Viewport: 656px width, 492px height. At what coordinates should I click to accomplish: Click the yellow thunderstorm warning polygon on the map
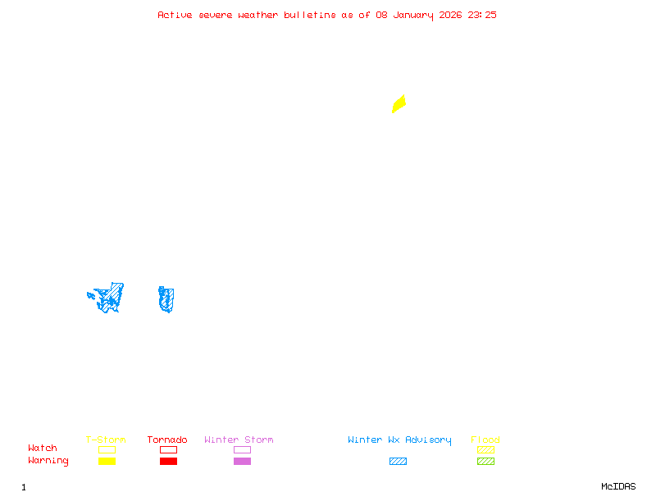(399, 103)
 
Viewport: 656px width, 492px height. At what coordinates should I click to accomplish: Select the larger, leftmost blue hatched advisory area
(110, 297)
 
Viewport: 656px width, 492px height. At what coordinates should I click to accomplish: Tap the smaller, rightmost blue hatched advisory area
(166, 299)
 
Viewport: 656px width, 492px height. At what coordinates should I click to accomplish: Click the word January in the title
(415, 15)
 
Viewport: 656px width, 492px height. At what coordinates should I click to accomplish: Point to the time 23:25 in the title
(482, 15)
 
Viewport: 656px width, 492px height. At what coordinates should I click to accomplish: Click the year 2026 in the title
(452, 15)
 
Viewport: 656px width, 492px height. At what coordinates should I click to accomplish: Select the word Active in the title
(175, 15)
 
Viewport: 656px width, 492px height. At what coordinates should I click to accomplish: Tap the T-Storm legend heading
(106, 440)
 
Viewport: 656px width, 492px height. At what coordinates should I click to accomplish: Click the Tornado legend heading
(167, 440)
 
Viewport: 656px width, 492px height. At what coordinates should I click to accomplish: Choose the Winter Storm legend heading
(239, 440)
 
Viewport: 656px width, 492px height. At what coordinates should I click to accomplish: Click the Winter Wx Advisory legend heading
(399, 440)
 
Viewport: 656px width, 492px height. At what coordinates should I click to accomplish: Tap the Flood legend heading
(485, 440)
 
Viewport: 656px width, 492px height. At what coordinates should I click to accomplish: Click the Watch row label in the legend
(43, 449)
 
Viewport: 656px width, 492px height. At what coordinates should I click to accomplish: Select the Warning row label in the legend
(48, 461)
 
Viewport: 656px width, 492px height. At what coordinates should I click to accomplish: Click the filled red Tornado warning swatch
(168, 462)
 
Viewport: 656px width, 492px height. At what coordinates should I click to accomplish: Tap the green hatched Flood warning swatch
(485, 462)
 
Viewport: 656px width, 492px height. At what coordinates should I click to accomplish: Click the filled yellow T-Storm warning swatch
(107, 462)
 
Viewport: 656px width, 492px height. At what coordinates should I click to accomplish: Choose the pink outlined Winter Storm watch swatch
(242, 450)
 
